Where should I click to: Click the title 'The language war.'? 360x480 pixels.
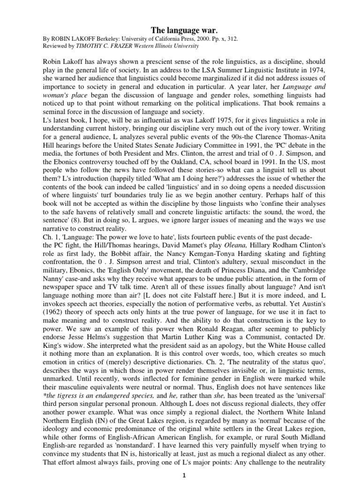click(180, 31)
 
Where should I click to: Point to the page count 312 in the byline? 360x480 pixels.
click(232, 39)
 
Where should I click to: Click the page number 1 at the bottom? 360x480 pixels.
click(180, 473)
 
